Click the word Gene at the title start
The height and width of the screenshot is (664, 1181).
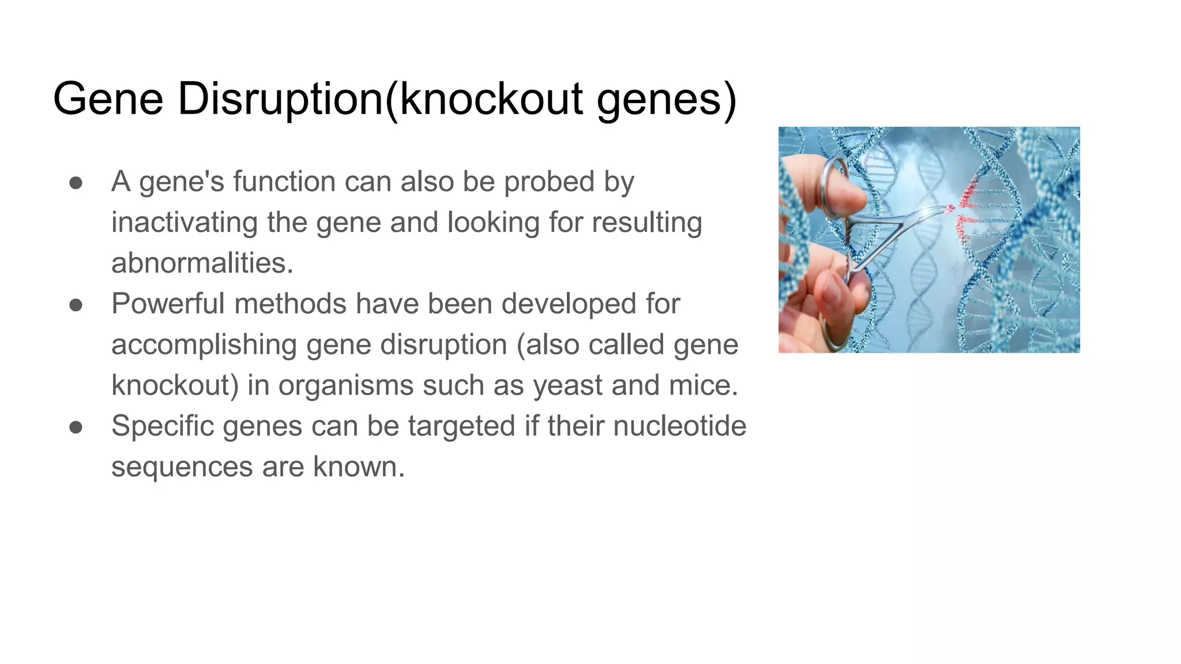(x=108, y=99)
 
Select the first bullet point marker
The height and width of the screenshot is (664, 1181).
(x=76, y=182)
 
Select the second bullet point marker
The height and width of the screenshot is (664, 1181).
(x=76, y=304)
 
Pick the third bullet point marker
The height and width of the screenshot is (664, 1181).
(x=76, y=427)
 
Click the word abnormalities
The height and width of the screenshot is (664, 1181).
(x=202, y=263)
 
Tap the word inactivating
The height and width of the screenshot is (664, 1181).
(x=184, y=222)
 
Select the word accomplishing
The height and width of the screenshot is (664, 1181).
(x=204, y=345)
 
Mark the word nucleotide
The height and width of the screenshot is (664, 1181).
(x=679, y=426)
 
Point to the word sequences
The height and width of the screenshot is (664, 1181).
(x=182, y=467)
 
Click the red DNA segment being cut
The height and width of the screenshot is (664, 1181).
(x=964, y=207)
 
